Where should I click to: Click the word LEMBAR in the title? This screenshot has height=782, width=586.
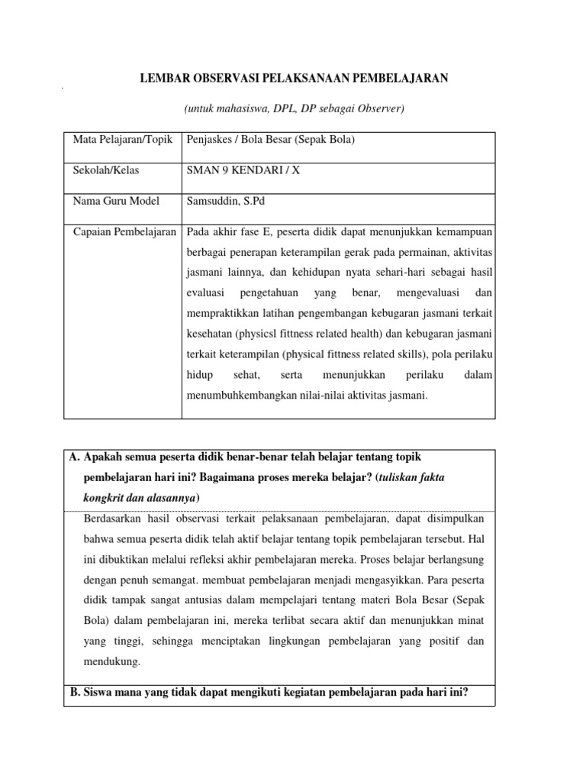click(160, 78)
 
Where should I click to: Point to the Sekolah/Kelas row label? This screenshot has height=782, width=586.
click(106, 170)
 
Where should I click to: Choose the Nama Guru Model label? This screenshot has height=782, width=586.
click(116, 201)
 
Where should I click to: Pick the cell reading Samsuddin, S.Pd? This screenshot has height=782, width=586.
click(221, 201)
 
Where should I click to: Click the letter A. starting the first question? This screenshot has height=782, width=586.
click(74, 457)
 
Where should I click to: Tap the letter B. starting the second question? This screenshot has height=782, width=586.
click(74, 693)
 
